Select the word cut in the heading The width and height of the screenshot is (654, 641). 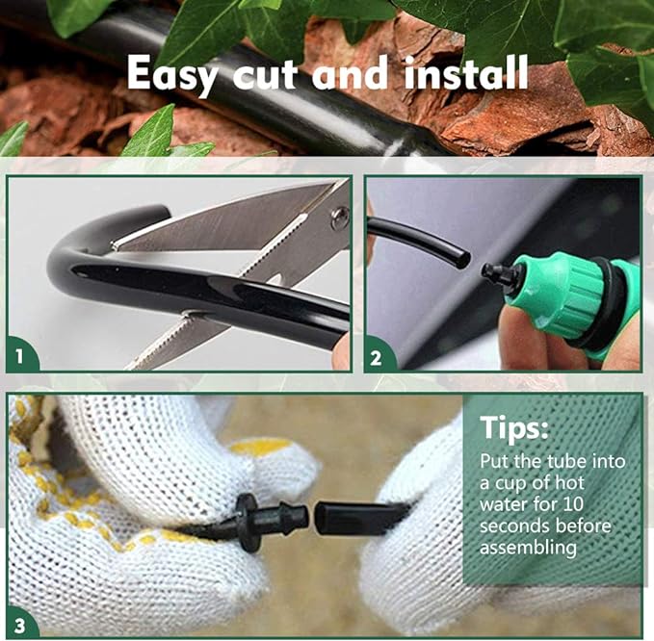(x=265, y=74)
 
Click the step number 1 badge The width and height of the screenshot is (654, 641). (x=20, y=355)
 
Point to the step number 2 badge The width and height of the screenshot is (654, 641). (x=377, y=357)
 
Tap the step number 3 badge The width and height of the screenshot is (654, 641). (x=20, y=626)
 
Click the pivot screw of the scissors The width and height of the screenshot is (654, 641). (x=340, y=218)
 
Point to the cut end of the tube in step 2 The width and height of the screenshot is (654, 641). (x=464, y=258)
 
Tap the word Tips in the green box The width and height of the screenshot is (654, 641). (x=513, y=427)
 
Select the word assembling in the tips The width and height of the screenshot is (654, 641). (x=528, y=548)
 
